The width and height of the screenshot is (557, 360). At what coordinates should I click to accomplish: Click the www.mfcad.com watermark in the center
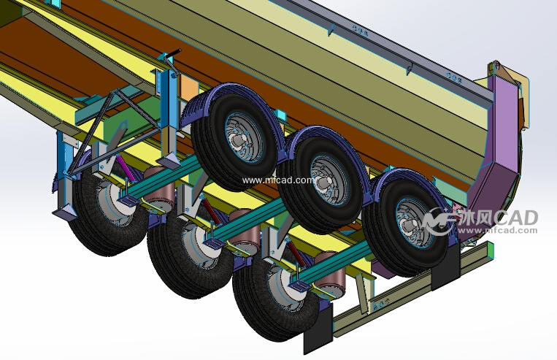click(278, 180)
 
